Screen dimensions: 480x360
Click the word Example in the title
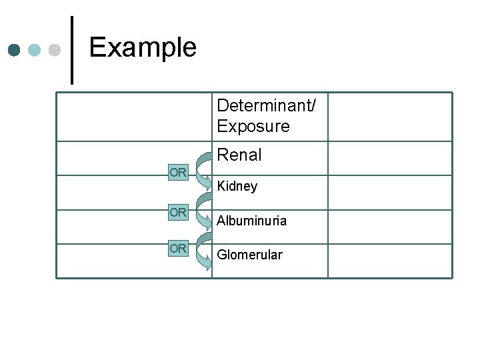[142, 47]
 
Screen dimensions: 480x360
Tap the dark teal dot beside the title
[15, 50]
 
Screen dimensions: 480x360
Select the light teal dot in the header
[35, 50]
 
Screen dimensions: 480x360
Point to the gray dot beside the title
[55, 50]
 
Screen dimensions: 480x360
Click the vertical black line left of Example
[72, 49]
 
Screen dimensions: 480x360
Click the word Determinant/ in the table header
[267, 105]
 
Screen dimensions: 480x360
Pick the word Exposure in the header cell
[253, 126]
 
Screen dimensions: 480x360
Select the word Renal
[239, 155]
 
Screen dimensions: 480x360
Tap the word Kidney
[237, 187]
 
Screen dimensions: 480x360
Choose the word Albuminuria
[251, 221]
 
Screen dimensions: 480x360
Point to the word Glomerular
[249, 255]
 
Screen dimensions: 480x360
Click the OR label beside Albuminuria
[178, 213]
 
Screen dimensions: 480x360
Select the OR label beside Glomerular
[178, 248]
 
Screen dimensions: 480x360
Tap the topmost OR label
[178, 173]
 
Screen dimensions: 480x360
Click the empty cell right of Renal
[389, 159]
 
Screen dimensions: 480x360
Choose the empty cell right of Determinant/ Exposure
[389, 117]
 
